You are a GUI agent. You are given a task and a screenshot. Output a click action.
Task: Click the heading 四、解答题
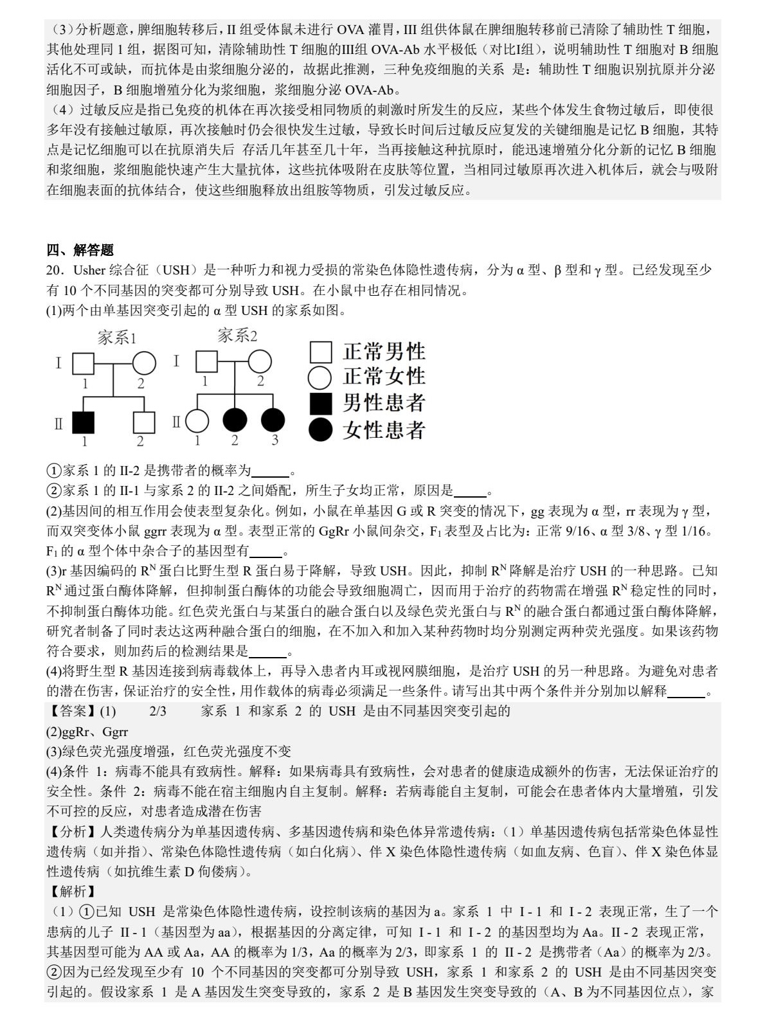click(80, 250)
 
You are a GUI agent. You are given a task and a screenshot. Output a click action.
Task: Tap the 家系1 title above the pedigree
click(117, 338)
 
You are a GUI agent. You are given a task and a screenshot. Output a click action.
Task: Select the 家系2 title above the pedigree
click(237, 335)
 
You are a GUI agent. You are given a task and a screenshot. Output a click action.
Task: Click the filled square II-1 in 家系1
click(83, 422)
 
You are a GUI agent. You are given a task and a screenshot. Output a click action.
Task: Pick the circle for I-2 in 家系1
click(144, 364)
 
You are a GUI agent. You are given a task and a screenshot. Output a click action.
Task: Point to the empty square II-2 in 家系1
click(144, 422)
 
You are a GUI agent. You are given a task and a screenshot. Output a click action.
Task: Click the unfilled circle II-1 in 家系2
click(197, 421)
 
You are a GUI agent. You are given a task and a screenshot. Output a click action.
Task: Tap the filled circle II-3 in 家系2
click(273, 420)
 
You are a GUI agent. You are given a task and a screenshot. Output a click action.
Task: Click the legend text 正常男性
click(384, 351)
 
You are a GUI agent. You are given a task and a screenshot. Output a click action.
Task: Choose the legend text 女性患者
click(384, 429)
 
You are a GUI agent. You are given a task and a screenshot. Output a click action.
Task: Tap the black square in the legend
click(321, 403)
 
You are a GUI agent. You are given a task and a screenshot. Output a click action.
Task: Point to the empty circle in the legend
click(321, 377)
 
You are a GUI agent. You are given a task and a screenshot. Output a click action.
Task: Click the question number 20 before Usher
click(54, 270)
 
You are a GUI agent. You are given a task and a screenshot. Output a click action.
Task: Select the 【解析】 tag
click(73, 891)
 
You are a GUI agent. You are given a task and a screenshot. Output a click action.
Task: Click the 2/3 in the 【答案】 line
click(157, 711)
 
